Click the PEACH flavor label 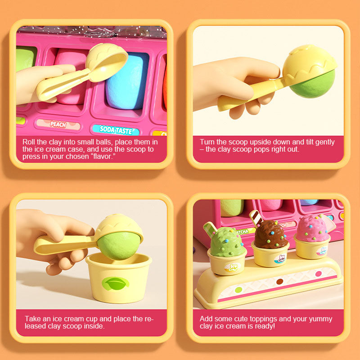click(x=58, y=124)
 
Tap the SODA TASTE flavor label click(x=116, y=130)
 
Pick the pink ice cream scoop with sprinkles click(x=313, y=229)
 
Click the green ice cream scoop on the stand click(x=227, y=242)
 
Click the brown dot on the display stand click(x=279, y=281)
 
